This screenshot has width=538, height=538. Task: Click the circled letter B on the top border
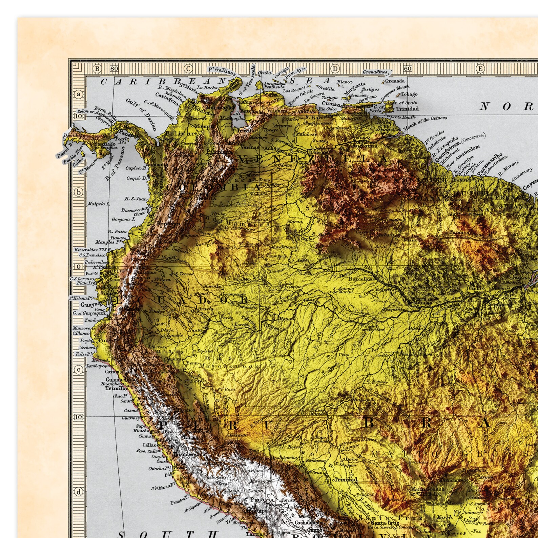click(x=98, y=69)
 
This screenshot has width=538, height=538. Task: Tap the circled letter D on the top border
click(x=335, y=69)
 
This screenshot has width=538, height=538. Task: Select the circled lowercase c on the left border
click(x=79, y=369)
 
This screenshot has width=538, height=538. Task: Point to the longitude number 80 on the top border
click(x=114, y=69)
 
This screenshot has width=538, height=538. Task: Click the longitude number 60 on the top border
click(x=408, y=69)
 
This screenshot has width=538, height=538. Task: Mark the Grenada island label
click(x=395, y=81)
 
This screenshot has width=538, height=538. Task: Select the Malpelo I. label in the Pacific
click(x=99, y=204)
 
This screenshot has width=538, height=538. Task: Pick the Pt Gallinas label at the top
click(x=222, y=71)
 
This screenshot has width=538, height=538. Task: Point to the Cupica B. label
click(x=136, y=168)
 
